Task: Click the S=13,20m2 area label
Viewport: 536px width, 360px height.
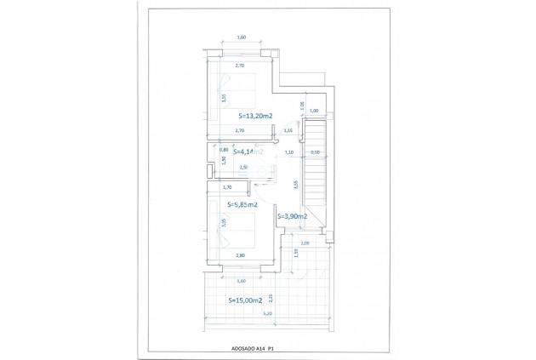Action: pyautogui.click(x=254, y=116)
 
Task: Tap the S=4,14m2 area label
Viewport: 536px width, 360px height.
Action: pyautogui.click(x=242, y=152)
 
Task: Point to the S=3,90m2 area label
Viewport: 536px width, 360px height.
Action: pyautogui.click(x=291, y=218)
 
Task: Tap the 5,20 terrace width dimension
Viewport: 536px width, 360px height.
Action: pyautogui.click(x=267, y=314)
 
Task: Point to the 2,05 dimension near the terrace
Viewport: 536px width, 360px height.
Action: pyautogui.click(x=305, y=243)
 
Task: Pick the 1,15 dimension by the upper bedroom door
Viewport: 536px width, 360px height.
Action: pyautogui.click(x=288, y=131)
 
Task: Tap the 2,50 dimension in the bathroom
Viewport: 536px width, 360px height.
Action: pyautogui.click(x=244, y=167)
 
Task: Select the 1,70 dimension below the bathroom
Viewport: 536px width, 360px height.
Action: pyautogui.click(x=226, y=187)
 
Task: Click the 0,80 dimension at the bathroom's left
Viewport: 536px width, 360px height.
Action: pyautogui.click(x=212, y=150)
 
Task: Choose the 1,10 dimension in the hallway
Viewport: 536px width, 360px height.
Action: pyautogui.click(x=288, y=152)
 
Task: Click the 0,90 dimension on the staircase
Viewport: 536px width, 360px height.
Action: pyautogui.click(x=314, y=152)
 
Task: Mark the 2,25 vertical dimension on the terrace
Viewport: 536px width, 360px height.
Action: pyautogui.click(x=270, y=297)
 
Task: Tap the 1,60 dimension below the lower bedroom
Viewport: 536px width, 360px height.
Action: pyautogui.click(x=241, y=281)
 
